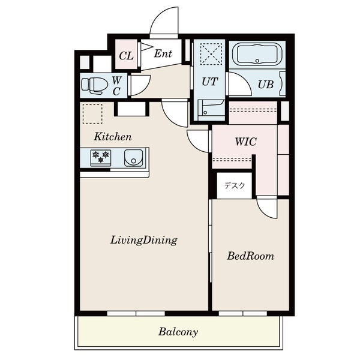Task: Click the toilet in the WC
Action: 95,85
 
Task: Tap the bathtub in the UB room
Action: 257,54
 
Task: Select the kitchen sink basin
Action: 134,158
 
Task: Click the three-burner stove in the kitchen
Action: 101,157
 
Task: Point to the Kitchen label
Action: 113,137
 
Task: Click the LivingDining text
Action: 144,241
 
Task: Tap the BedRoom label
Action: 250,256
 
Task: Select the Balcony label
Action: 178,332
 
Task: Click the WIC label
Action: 245,142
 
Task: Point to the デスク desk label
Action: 235,185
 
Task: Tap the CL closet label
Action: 126,56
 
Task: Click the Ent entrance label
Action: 163,54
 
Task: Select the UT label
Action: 210,82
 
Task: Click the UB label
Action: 266,85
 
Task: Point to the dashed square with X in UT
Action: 211,54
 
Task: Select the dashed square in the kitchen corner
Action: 92,114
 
